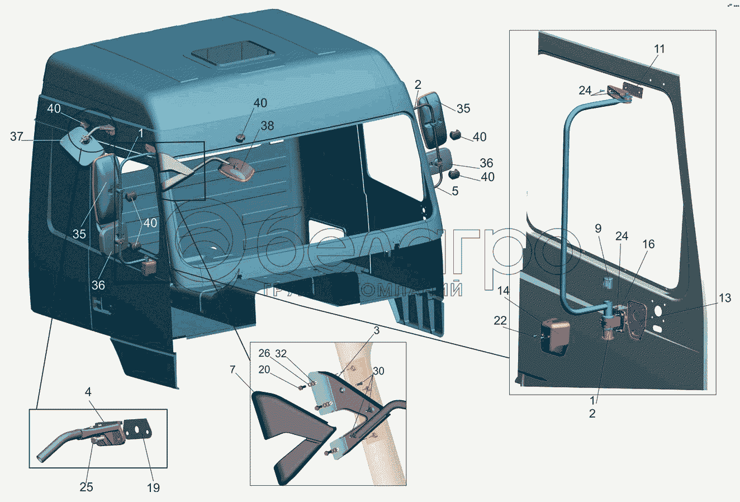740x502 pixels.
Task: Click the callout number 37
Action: point(17,136)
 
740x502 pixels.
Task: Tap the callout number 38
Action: point(267,126)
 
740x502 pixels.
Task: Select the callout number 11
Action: point(660,49)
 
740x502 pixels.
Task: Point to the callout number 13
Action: point(724,299)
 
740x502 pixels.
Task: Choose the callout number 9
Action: point(598,228)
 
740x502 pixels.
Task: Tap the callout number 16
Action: point(648,244)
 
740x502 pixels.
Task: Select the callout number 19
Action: point(153,487)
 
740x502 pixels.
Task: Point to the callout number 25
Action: point(86,487)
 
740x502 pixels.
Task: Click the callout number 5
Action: point(455,191)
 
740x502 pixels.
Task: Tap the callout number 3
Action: point(377,330)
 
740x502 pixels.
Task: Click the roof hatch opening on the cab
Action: point(233,55)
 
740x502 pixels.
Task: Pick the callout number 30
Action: point(378,371)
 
